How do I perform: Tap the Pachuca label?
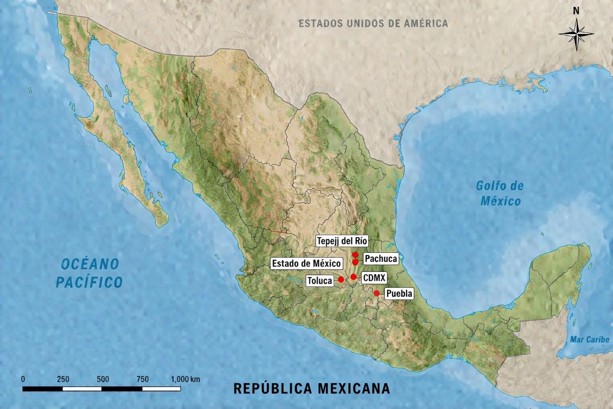[381, 259]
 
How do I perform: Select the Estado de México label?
[306, 263]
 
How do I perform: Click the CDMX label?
[374, 277]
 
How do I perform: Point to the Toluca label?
[320, 280]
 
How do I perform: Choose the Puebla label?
[398, 293]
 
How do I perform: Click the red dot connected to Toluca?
[341, 280]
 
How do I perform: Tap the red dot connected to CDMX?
[353, 277]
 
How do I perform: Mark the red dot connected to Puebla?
[376, 293]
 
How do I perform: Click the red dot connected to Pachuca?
[355, 262]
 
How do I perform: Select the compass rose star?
[576, 34]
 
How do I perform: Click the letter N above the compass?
[576, 11]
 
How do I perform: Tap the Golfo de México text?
[500, 193]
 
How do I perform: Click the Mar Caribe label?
[590, 339]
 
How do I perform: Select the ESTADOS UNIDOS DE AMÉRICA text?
[373, 23]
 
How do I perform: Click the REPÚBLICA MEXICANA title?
[311, 388]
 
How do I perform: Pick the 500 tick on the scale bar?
[102, 379]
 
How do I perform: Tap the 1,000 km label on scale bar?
[185, 379]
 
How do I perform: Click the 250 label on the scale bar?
[63, 379]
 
